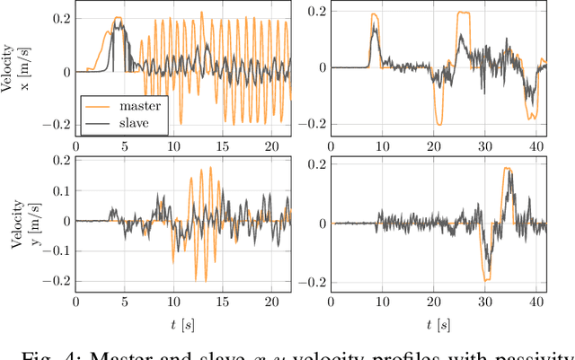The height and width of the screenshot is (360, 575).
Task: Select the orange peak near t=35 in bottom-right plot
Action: pos(508,168)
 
